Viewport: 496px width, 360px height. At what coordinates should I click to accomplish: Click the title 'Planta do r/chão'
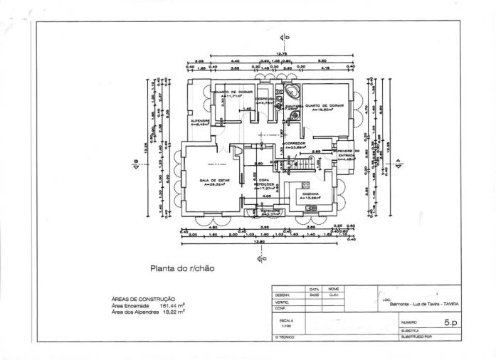[x=181, y=269]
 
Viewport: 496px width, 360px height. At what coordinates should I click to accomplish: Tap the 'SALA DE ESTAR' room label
[x=213, y=181]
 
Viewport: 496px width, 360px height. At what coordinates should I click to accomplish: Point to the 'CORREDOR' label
[x=295, y=144]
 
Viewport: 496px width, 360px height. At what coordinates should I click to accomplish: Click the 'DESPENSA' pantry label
[x=265, y=99]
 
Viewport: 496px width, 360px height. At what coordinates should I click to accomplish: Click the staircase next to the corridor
[x=307, y=164]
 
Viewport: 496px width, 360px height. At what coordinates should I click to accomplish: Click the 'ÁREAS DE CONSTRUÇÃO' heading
[x=144, y=299]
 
